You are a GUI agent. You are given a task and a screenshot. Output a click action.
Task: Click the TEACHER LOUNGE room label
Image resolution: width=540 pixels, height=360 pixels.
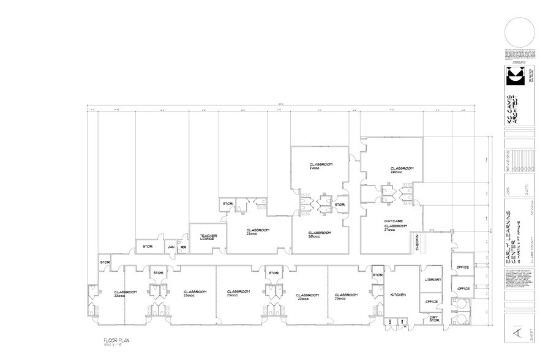coord(201,237)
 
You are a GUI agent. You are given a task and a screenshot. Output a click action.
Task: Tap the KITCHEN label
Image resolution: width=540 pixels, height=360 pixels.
coord(398,295)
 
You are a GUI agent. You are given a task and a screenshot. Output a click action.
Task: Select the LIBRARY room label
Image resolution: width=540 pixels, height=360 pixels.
coord(433,280)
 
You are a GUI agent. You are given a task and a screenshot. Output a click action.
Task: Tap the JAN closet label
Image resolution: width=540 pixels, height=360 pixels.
coord(171,247)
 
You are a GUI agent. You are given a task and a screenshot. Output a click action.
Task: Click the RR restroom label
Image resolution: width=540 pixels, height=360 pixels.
coord(183,247)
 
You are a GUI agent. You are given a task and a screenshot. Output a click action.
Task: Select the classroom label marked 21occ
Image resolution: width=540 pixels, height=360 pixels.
coord(320,166)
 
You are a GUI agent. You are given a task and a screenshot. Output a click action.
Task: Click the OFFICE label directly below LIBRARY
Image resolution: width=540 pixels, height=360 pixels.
coord(432,301)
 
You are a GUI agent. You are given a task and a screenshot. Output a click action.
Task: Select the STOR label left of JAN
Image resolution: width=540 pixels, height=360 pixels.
coord(147,247)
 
